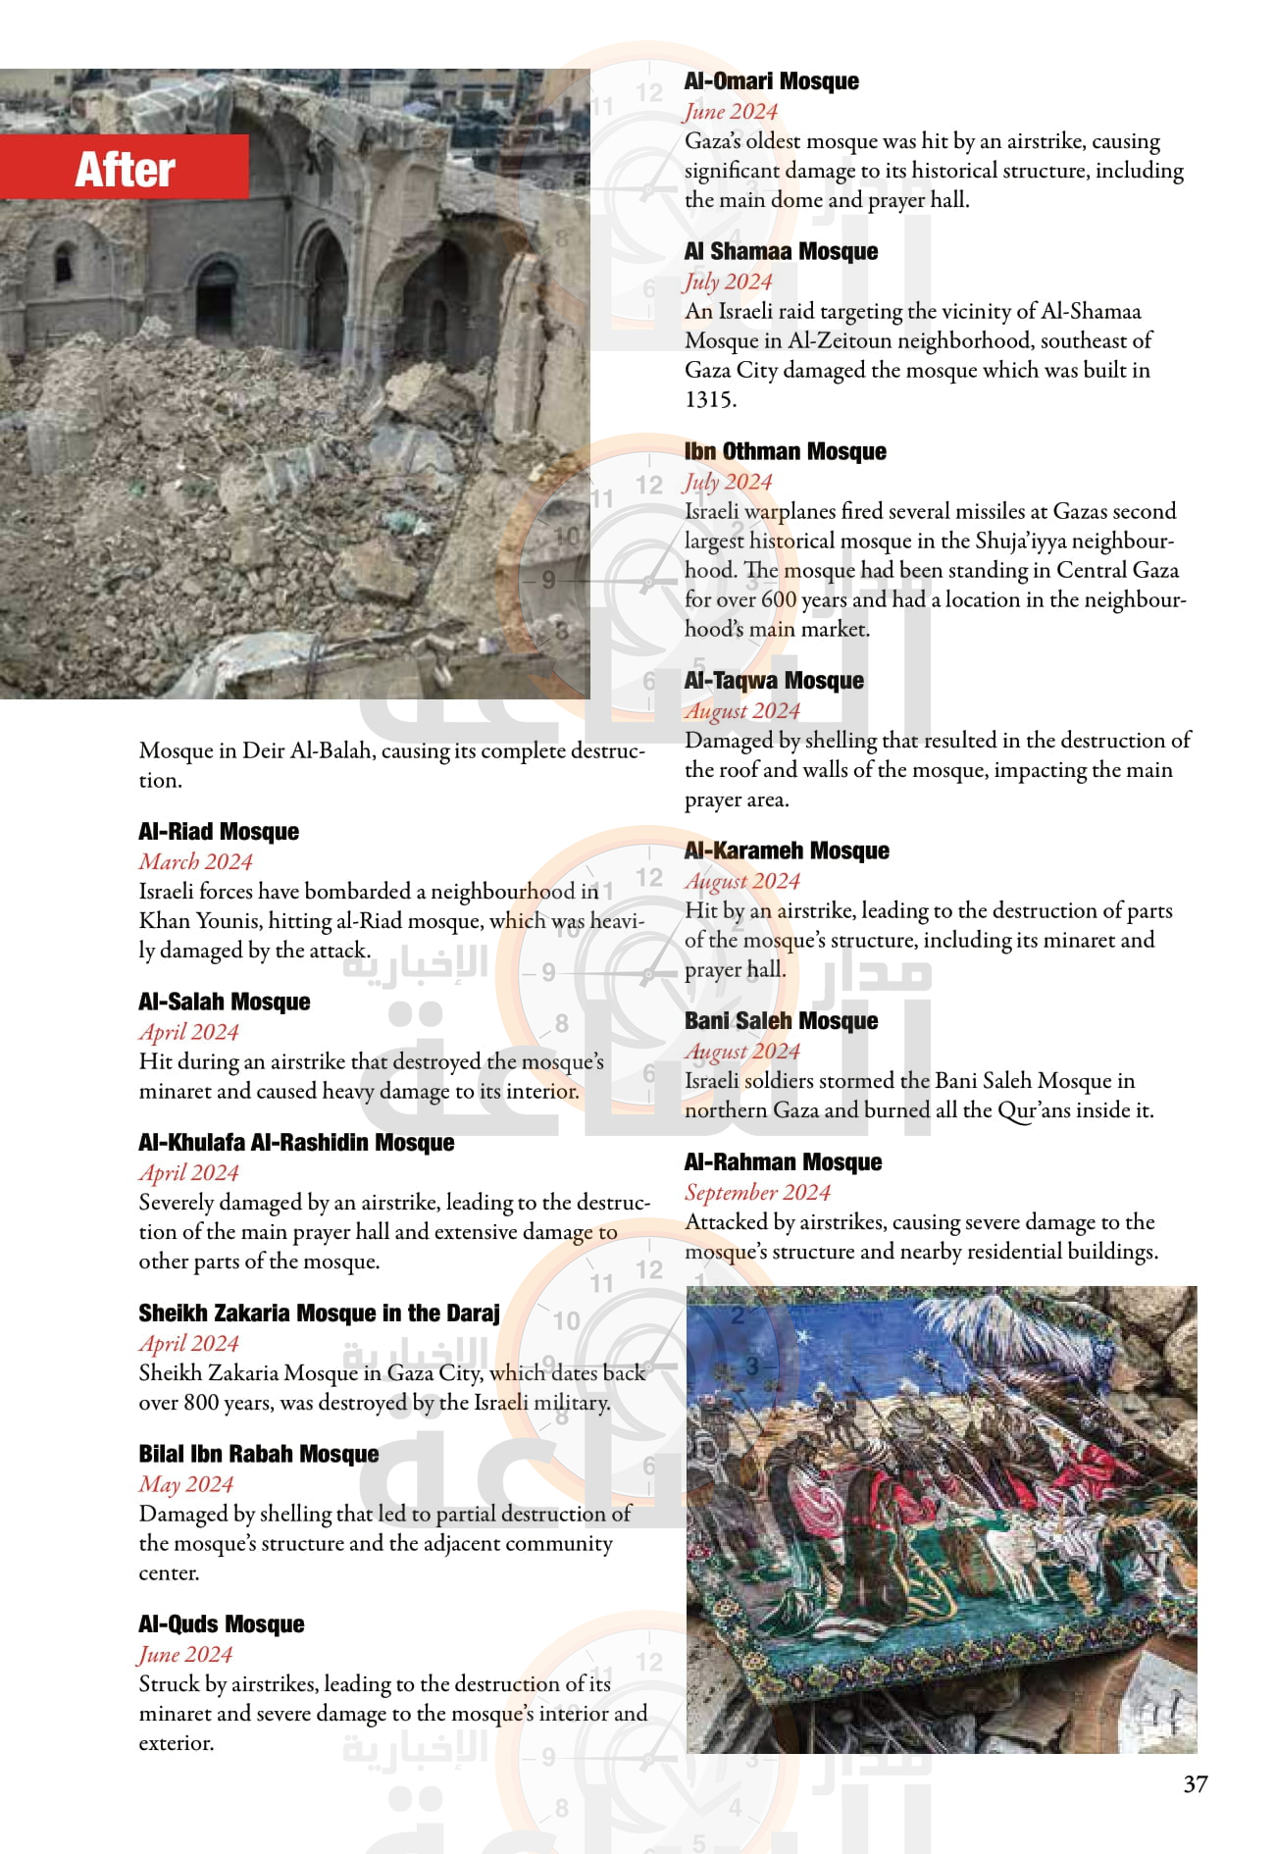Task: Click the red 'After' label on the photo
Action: click(125, 169)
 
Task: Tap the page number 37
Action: click(1195, 1783)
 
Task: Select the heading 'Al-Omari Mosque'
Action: click(771, 81)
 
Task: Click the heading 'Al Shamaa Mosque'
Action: click(781, 252)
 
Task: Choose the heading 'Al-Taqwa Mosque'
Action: click(774, 681)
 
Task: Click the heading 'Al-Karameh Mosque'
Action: click(787, 851)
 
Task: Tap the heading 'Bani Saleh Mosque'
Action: click(781, 1021)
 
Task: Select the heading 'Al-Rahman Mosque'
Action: click(783, 1162)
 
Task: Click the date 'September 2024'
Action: click(757, 1192)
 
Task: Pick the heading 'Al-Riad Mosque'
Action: click(219, 832)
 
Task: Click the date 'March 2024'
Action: click(195, 861)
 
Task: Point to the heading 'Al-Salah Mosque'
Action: click(224, 1002)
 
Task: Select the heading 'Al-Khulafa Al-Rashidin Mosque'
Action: click(296, 1143)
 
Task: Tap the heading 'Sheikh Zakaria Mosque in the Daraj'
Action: click(319, 1313)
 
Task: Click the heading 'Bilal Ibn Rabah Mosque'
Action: click(258, 1454)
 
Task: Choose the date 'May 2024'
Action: click(185, 1484)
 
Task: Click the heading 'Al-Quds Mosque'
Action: click(221, 1624)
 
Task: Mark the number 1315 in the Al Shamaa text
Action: click(709, 399)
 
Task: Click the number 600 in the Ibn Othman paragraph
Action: click(779, 599)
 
